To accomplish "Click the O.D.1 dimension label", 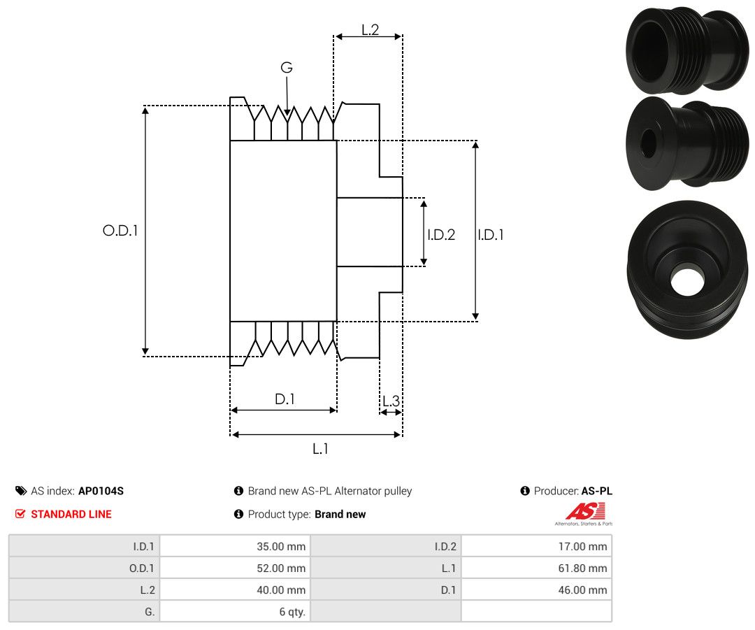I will (120, 230).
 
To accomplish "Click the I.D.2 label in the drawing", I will (441, 235).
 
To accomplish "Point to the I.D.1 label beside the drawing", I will (491, 235).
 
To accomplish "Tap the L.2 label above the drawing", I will (370, 30).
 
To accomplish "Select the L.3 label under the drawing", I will (391, 401).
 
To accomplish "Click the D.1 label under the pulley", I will (285, 399).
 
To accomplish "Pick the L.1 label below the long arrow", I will (320, 448).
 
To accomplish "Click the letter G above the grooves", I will (287, 68).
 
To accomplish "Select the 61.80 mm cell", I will (584, 568).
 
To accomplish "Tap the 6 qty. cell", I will (292, 611).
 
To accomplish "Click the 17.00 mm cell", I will (584, 546).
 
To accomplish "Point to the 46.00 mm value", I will (584, 589).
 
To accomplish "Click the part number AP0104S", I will (101, 491).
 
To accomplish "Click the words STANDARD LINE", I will (71, 514).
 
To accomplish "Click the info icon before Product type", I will (238, 514).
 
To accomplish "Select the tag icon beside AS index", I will (21, 491).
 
